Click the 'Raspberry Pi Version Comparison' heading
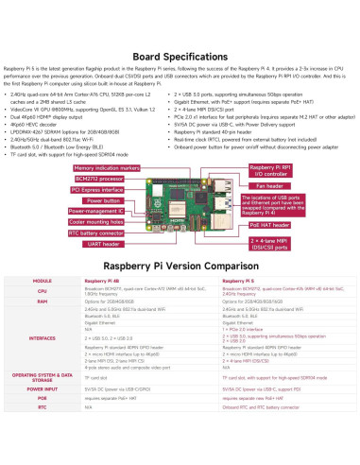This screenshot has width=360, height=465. [x=180, y=267]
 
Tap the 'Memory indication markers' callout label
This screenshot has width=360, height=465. [x=105, y=166]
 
